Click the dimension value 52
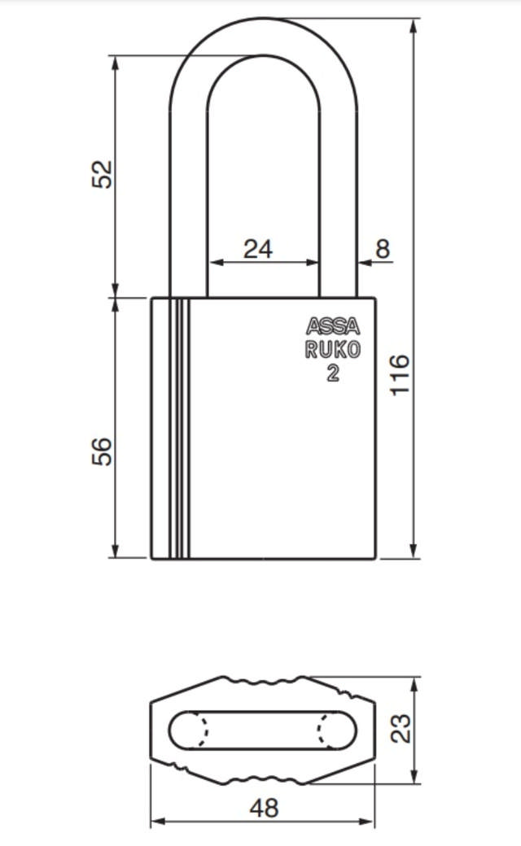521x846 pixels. [x=102, y=174]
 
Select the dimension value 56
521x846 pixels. [x=102, y=451]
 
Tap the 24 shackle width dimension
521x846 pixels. [x=258, y=249]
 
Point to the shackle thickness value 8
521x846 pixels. [x=382, y=249]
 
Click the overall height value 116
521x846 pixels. [x=400, y=374]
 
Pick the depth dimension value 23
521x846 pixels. [x=400, y=729]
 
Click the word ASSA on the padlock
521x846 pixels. [x=333, y=327]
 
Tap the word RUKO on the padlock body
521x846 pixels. [x=333, y=351]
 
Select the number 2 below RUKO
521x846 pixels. [x=333, y=373]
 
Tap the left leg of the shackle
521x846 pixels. [x=189, y=203]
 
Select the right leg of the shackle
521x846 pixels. [x=337, y=203]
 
